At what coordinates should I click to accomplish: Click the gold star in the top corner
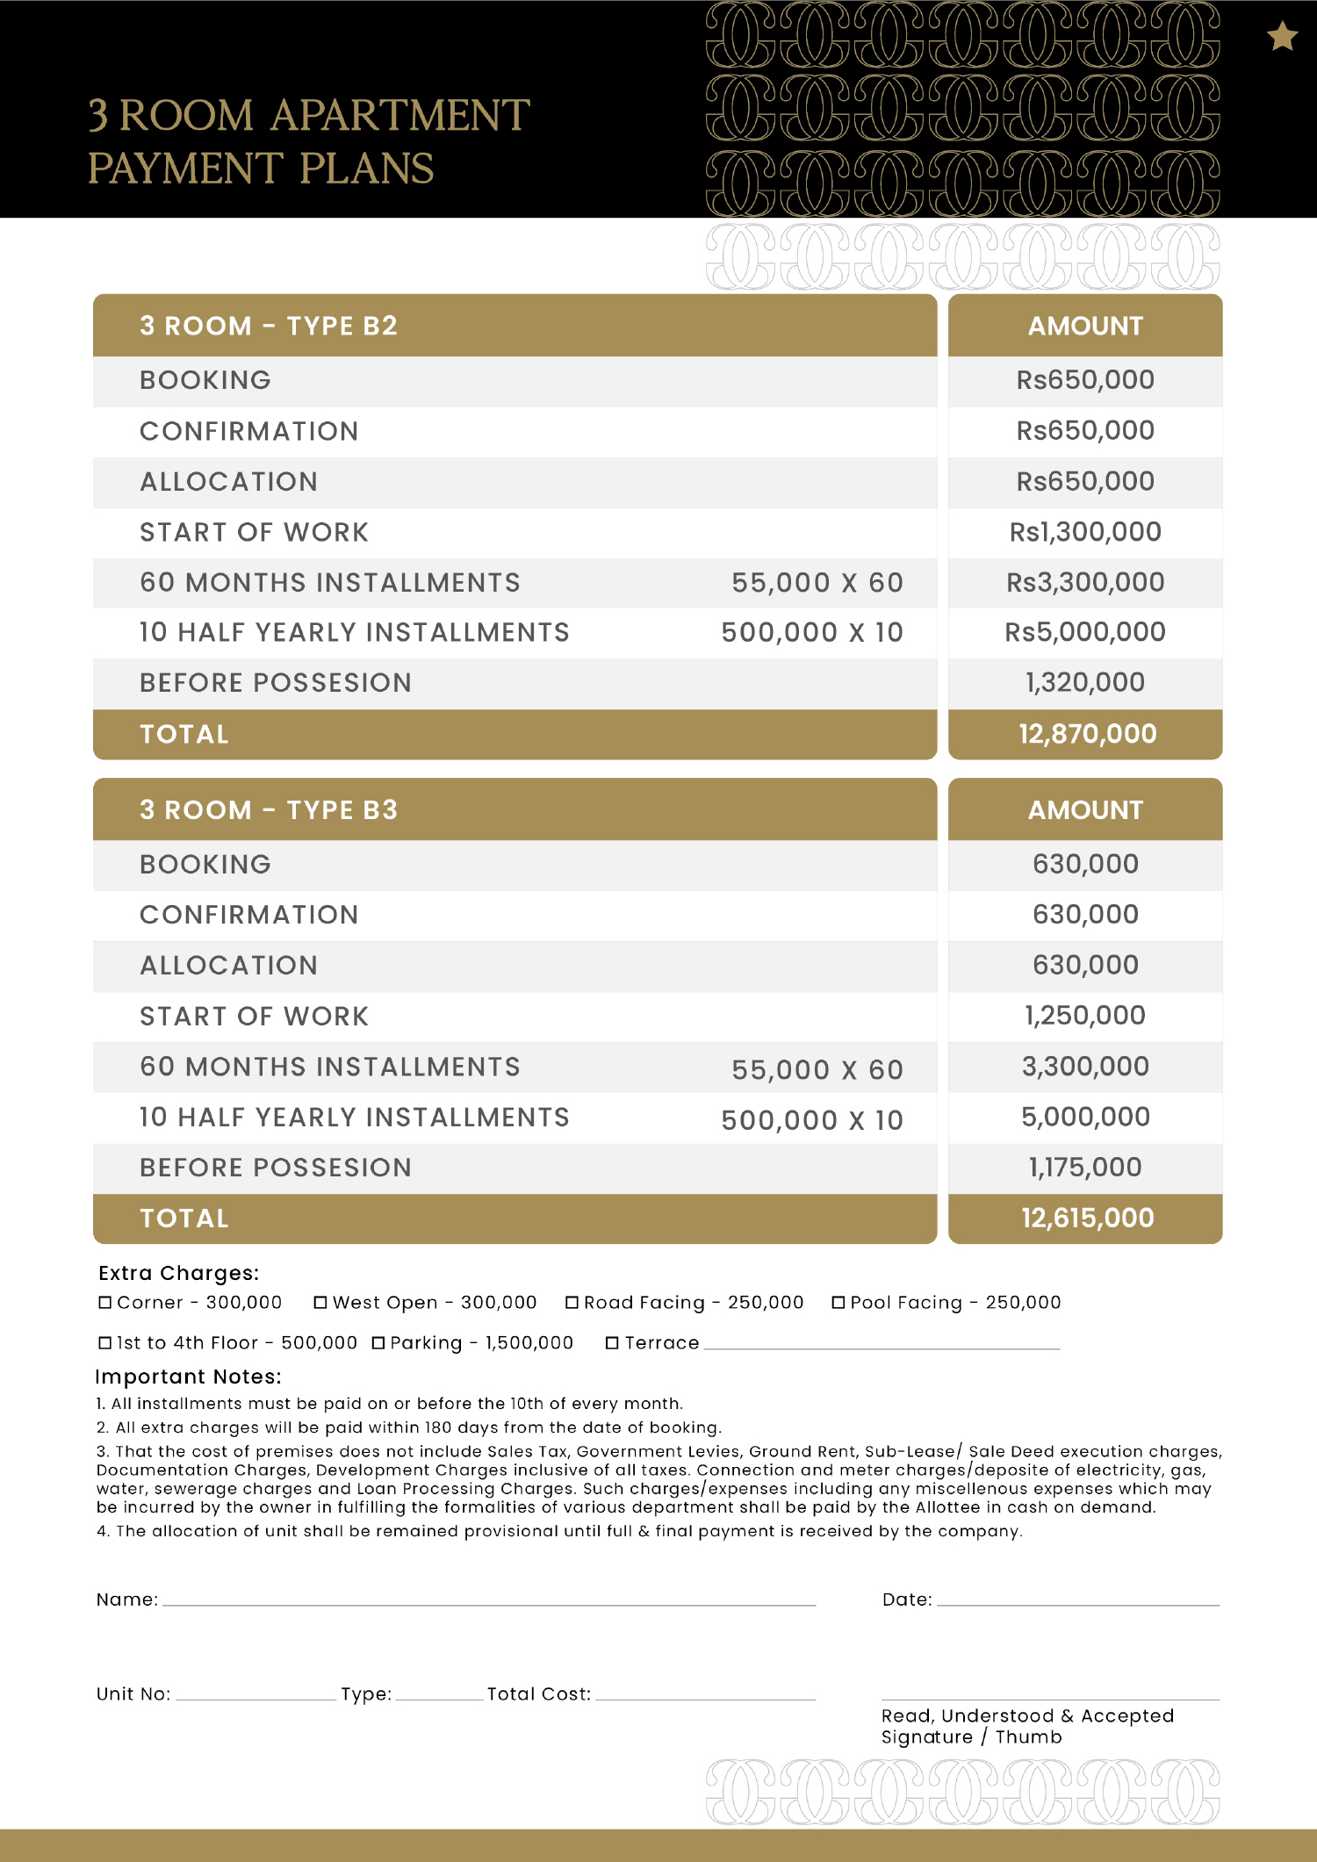point(1282,37)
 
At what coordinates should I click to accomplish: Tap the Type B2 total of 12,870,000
point(1087,734)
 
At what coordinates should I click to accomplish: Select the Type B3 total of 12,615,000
point(1087,1219)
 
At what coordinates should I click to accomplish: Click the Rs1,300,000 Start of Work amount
point(1085,532)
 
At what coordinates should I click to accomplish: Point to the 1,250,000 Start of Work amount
point(1085,1016)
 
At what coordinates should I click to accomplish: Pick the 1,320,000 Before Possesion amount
point(1085,683)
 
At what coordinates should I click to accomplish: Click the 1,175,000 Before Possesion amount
point(1085,1168)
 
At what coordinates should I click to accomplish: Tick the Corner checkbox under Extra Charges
point(105,1303)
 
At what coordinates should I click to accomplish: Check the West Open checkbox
point(320,1303)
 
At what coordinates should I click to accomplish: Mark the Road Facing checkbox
point(572,1303)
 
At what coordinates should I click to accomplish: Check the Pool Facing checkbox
point(838,1303)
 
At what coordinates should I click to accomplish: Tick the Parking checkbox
point(378,1343)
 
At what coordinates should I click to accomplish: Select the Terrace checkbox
point(612,1343)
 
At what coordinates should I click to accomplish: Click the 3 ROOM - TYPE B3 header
point(269,809)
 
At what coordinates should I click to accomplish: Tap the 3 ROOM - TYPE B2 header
point(269,326)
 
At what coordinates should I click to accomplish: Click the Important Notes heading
point(188,1377)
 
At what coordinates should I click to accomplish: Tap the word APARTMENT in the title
point(400,116)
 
